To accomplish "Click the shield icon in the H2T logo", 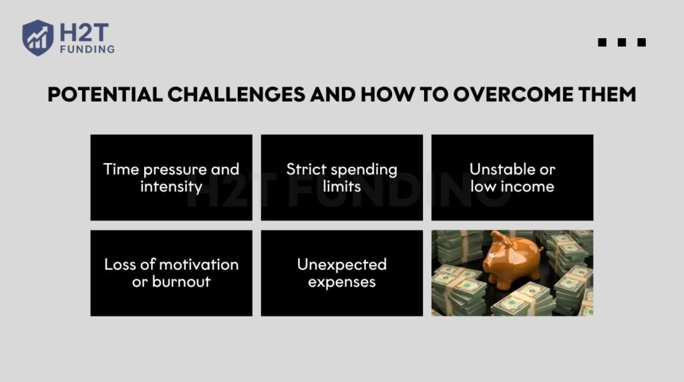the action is tap(38, 37).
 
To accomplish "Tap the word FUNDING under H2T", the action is tap(88, 49).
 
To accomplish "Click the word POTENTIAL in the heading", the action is tap(105, 95).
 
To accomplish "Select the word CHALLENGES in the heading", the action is tap(236, 95).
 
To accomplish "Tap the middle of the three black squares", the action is tap(622, 42).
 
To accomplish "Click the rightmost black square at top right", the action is tap(642, 42).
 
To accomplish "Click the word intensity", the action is tap(172, 186).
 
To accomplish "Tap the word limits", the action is tap(342, 186).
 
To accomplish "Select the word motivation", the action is tap(199, 264).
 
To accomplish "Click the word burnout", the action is tap(181, 282).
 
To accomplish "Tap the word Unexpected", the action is tap(342, 264).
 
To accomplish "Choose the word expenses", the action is tap(342, 282).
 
